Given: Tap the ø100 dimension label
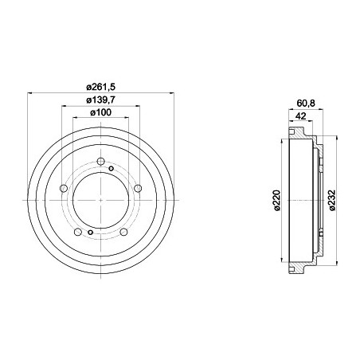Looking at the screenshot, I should (100, 114).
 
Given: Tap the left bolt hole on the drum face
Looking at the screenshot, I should (62, 189).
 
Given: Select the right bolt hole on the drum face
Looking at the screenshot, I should (138, 188).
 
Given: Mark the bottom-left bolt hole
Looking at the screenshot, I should (77, 233).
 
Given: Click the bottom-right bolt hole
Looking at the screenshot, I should (124, 232).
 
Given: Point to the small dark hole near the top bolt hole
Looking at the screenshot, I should (111, 168).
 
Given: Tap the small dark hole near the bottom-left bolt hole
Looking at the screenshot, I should (90, 232).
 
